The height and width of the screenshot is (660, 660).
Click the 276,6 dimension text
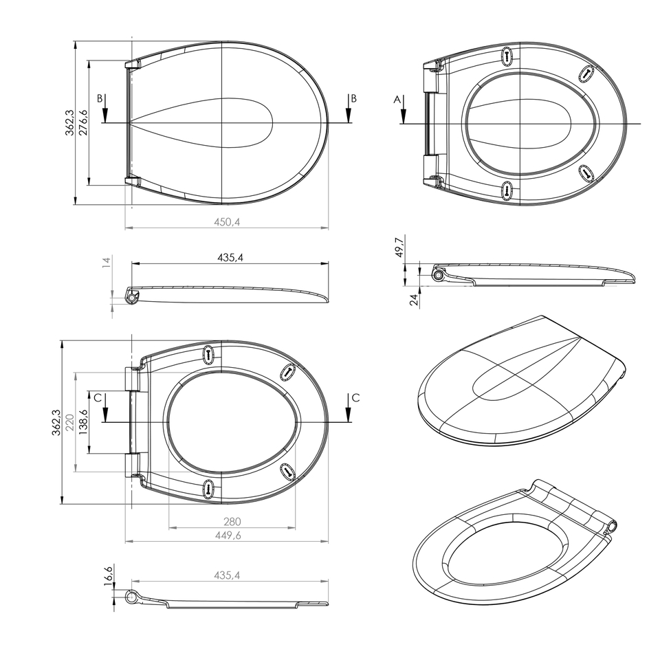83,122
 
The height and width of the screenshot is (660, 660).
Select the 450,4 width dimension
226,221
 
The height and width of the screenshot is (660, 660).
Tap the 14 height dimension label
106,263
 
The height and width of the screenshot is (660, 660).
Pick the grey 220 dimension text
69,421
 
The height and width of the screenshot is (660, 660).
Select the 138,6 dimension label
83,421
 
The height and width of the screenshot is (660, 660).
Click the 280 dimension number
232,522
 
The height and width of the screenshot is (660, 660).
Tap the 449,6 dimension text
229,535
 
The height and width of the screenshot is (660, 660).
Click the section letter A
397,100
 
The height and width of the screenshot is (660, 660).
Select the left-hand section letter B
100,99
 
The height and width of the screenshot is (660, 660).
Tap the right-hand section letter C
355,397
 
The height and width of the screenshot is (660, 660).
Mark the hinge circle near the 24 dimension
438,275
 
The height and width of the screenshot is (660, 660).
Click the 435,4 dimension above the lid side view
231,257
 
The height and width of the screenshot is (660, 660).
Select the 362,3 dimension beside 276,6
69,122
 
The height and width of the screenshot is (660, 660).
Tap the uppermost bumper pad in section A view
508,56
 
